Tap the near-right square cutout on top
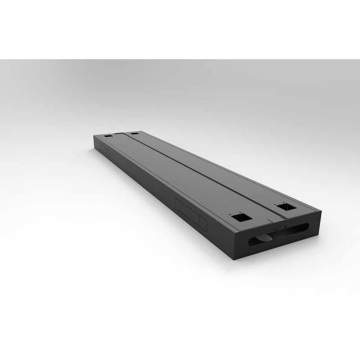[285, 207]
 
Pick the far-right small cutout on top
[134, 133]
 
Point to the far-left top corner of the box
[93, 136]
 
